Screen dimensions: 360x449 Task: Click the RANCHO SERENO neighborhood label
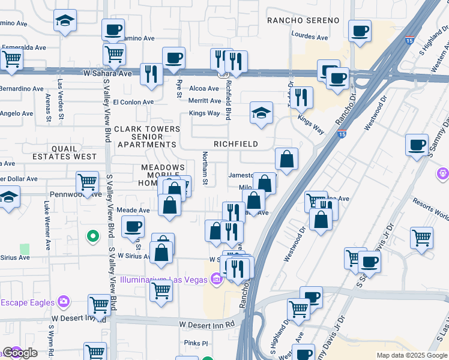pos(303,20)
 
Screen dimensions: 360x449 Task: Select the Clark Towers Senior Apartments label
pos(147,137)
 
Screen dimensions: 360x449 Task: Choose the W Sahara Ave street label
pos(107,73)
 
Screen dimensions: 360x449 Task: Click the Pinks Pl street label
pos(196,344)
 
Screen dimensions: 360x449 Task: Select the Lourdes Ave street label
pos(310,37)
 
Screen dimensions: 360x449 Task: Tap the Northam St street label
pos(205,169)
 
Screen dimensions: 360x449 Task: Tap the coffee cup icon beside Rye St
pos(173,58)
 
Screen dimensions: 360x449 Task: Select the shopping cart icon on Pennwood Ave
pos(88,181)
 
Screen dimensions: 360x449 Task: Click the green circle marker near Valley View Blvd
pos(93,237)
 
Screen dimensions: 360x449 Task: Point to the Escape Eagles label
pos(27,301)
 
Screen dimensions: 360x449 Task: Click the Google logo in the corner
pos(20,353)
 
